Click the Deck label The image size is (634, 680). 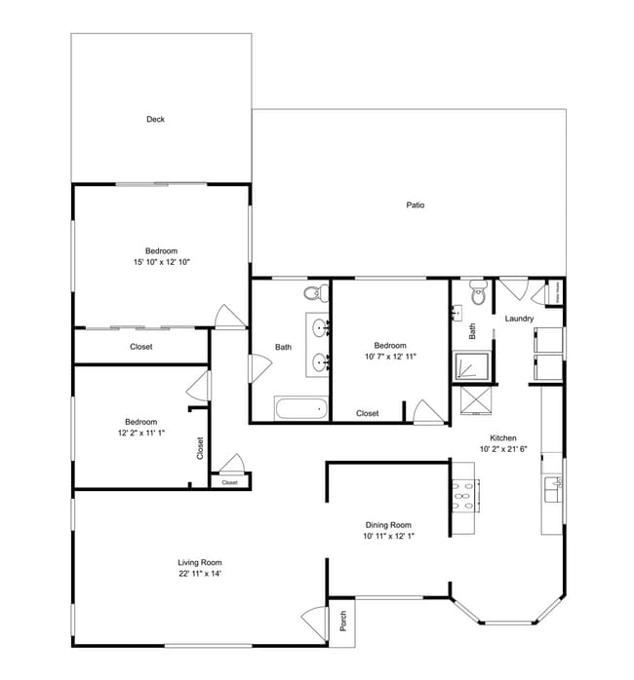pyautogui.click(x=155, y=120)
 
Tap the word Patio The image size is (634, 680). pyautogui.click(x=415, y=205)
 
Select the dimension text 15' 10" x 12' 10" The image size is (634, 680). pyautogui.click(x=161, y=262)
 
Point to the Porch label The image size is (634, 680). pyautogui.click(x=342, y=621)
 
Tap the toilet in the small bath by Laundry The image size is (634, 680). pyautogui.click(x=477, y=291)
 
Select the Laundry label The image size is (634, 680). pyautogui.click(x=518, y=319)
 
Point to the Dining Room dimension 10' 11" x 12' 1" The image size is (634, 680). pyautogui.click(x=389, y=536)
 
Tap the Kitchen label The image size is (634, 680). pyautogui.click(x=502, y=438)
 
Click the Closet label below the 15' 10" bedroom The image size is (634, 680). pyautogui.click(x=141, y=346)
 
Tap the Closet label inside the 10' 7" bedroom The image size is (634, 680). pyautogui.click(x=367, y=413)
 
